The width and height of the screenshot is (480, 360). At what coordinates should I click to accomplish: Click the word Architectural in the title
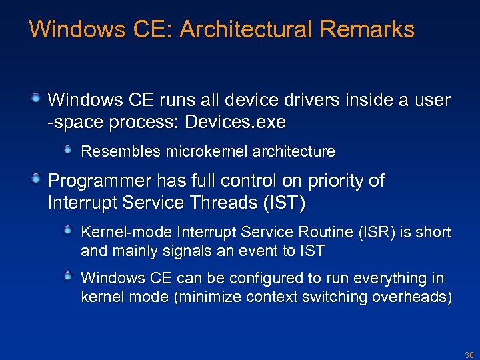251,29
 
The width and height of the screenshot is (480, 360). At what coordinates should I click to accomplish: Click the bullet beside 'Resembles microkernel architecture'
69,151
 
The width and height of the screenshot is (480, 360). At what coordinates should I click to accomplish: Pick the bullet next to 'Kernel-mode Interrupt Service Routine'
69,231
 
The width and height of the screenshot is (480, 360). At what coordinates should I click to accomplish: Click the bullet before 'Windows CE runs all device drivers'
37,99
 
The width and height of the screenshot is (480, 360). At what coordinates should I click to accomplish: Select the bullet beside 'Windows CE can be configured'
69,277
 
